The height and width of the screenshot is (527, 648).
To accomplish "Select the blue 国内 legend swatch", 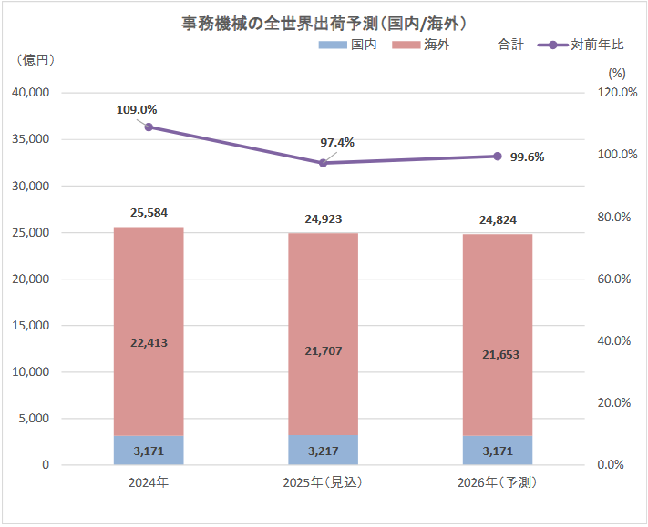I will click(x=334, y=44).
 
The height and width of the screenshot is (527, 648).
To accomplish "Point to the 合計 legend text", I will click(x=511, y=44).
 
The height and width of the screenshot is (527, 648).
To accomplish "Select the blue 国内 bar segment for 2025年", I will click(x=323, y=450).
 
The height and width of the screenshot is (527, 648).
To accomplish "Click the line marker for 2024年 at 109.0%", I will click(x=149, y=127).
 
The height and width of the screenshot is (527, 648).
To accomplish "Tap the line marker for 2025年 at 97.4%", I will click(x=323, y=163).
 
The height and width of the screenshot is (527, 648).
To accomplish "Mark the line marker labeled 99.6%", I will click(x=498, y=157).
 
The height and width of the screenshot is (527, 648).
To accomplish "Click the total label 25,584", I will click(x=149, y=212).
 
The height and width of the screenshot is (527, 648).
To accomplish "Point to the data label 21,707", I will click(x=323, y=350).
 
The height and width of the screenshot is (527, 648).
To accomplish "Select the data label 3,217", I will click(x=323, y=450).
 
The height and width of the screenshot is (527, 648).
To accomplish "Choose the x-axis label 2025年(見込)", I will click(x=323, y=482).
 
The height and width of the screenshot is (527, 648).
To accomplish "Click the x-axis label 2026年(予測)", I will click(x=498, y=482).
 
